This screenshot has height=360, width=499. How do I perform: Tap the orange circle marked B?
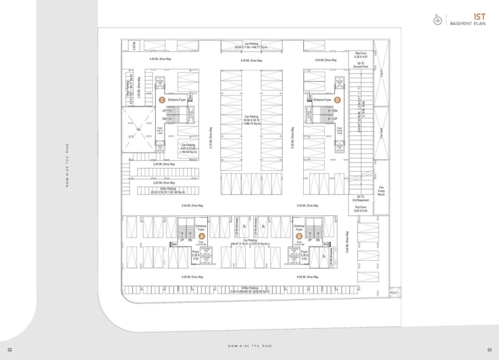pyautogui.click(x=299, y=236)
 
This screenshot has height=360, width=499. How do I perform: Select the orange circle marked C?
pyautogui.click(x=162, y=100)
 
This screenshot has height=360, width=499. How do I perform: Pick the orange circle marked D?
pyautogui.click(x=337, y=100)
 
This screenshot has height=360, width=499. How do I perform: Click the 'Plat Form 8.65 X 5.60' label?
pyautogui.click(x=361, y=209)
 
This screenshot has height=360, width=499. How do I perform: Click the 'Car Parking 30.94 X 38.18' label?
pyautogui.click(x=251, y=120)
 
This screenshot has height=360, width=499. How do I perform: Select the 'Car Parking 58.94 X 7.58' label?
pyautogui.click(x=251, y=46)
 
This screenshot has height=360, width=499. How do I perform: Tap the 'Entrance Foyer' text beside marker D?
pyautogui.click(x=322, y=100)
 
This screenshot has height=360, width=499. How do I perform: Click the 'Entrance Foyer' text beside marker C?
pyautogui.click(x=177, y=100)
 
